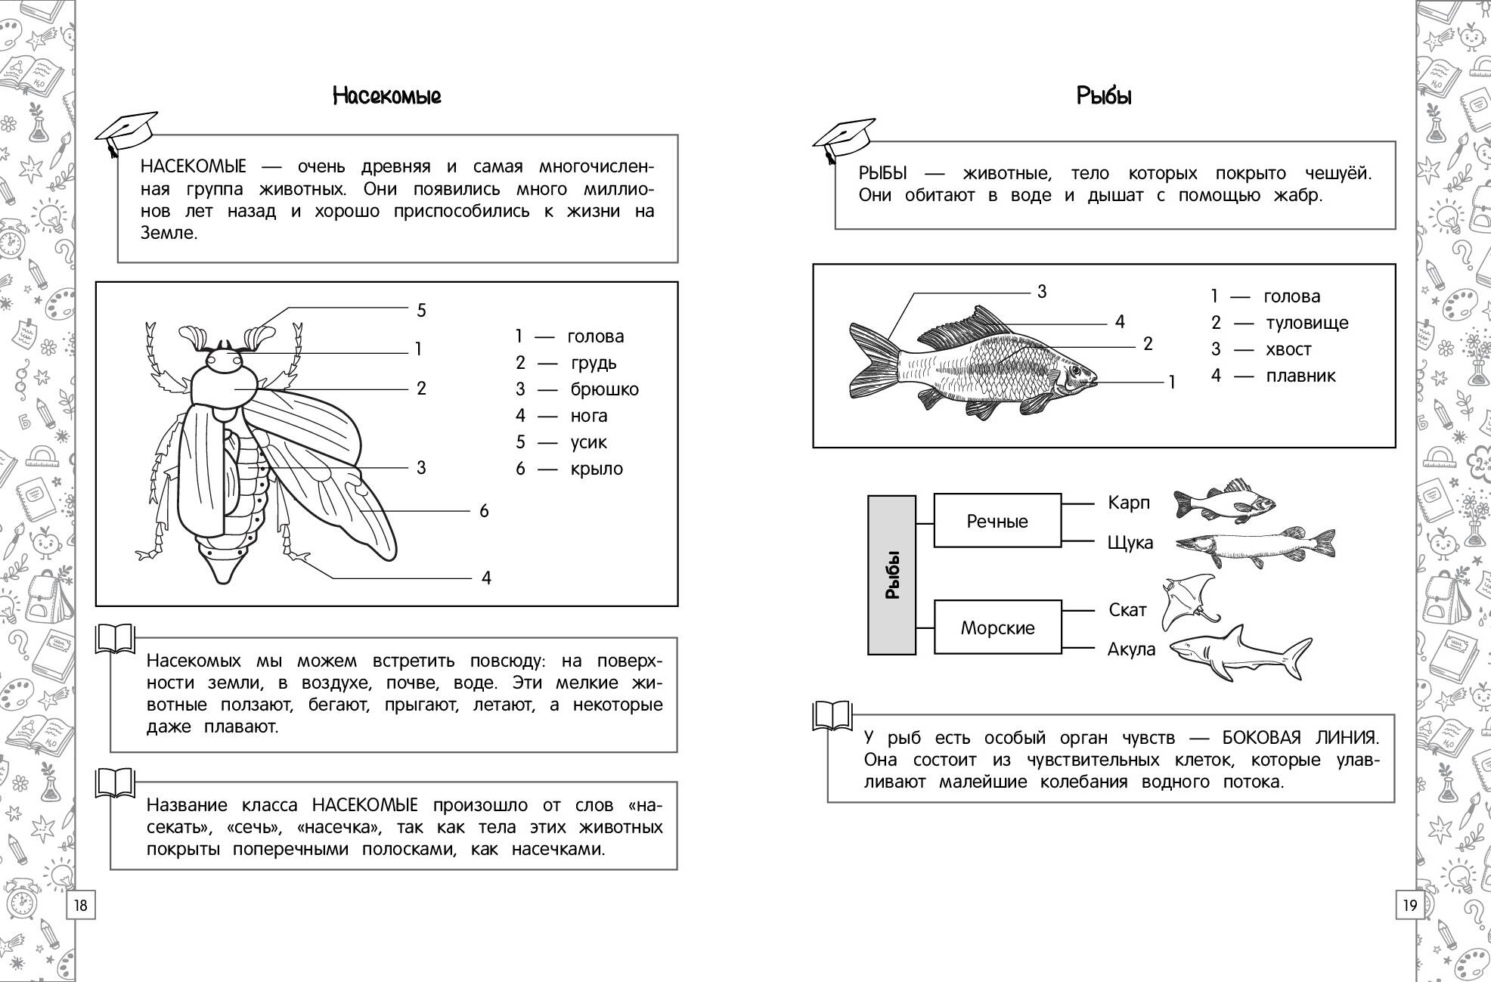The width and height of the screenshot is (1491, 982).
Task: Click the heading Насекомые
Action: pos(386,96)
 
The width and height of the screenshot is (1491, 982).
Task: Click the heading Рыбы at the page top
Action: pos(1104,96)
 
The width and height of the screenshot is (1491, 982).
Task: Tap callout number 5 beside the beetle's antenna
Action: pos(422,310)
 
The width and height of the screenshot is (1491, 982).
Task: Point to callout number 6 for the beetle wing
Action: pos(484,511)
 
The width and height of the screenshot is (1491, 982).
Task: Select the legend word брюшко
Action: pos(604,389)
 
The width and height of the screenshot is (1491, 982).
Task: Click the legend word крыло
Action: pos(597,469)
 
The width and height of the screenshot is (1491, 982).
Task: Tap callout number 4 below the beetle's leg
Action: pos(486,578)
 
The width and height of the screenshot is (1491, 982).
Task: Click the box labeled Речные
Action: pos(997,521)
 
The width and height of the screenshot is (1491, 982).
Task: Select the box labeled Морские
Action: pos(997,627)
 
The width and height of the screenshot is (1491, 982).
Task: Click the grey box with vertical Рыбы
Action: pos(892,575)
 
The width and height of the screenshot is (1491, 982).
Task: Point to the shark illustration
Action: pos(1240,652)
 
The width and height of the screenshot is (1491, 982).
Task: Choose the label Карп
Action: pos(1129,503)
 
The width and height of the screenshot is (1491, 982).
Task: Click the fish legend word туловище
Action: pos(1307,323)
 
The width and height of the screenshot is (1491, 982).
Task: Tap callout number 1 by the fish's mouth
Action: pos(1172,383)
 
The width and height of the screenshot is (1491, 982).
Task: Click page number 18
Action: pos(81,905)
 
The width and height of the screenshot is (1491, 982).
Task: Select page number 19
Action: pos(1410,905)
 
